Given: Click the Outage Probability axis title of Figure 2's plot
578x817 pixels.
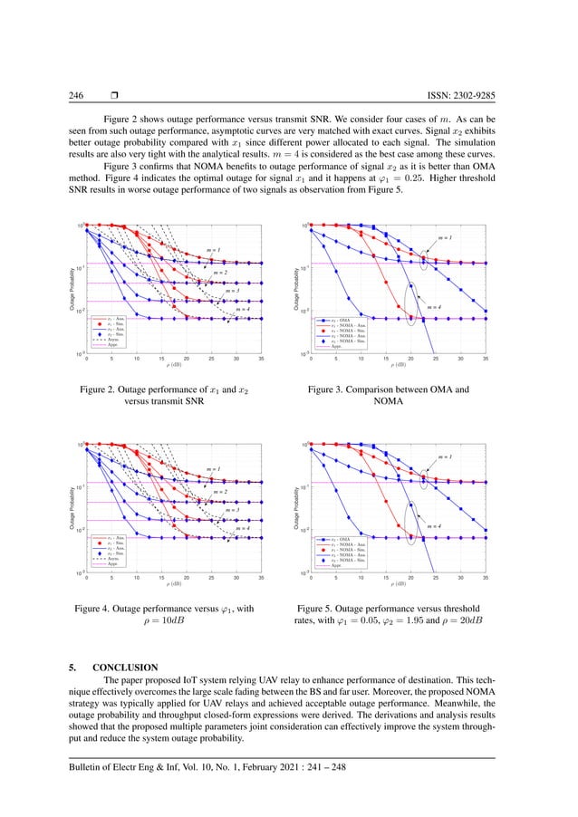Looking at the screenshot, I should click(x=66, y=290).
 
